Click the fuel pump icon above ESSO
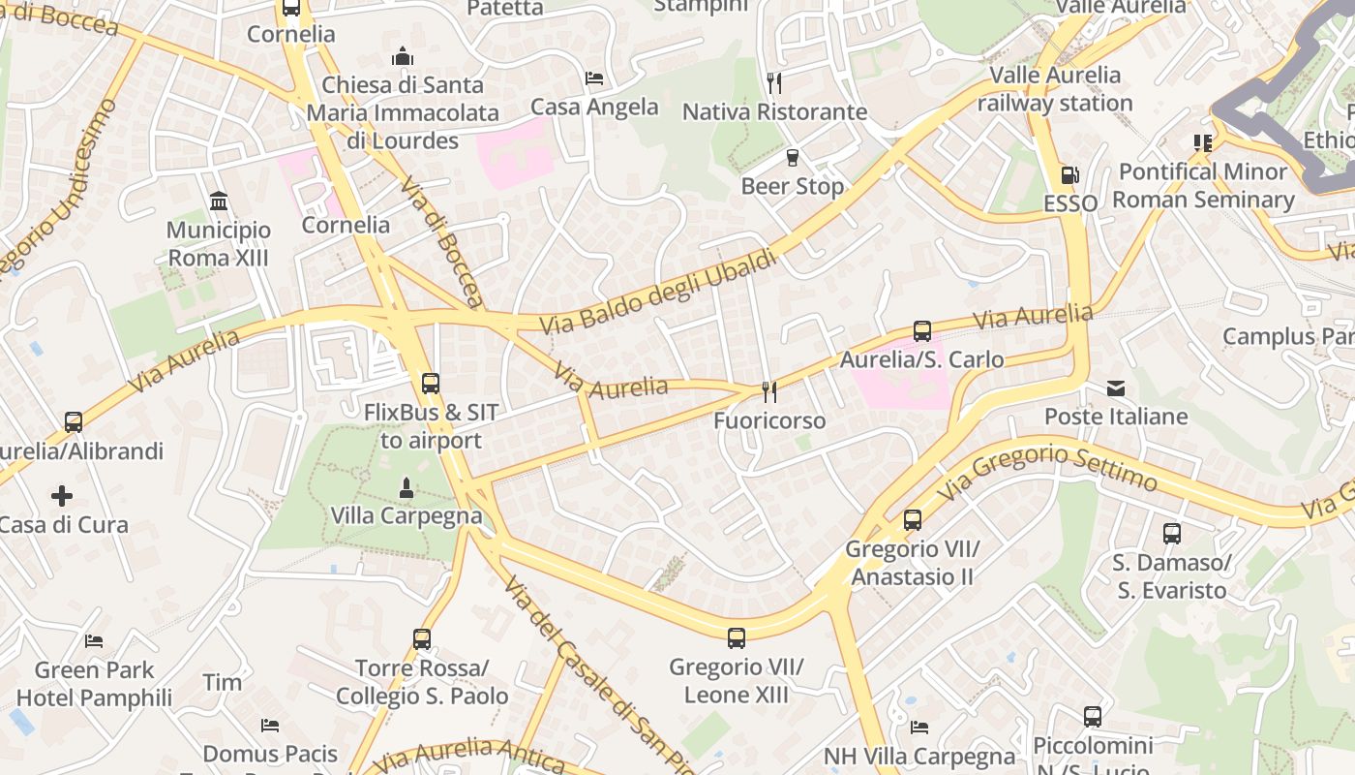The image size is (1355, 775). click(x=1069, y=175)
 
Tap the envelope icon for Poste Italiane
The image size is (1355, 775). click(x=1116, y=388)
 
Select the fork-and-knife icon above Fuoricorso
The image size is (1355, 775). click(x=769, y=391)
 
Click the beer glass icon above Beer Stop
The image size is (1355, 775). click(x=793, y=157)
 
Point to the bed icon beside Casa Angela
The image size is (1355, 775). click(x=593, y=78)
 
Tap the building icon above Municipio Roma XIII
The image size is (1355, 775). click(x=219, y=201)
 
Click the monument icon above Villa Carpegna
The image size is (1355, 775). click(x=406, y=487)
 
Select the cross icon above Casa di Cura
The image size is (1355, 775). click(x=62, y=497)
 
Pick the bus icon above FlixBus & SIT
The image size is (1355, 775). click(x=431, y=384)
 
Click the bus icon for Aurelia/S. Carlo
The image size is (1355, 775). click(x=922, y=331)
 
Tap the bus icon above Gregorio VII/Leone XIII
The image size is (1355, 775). click(x=737, y=638)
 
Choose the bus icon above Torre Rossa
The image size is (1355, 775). click(x=422, y=639)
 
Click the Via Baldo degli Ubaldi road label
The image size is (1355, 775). click(x=658, y=292)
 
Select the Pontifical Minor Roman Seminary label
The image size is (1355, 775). click(x=1203, y=185)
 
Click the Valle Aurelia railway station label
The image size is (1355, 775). click(x=1055, y=89)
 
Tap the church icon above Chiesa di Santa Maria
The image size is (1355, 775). click(x=403, y=56)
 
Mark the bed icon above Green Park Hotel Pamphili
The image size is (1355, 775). click(x=94, y=641)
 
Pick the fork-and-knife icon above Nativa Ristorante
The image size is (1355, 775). click(x=773, y=82)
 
